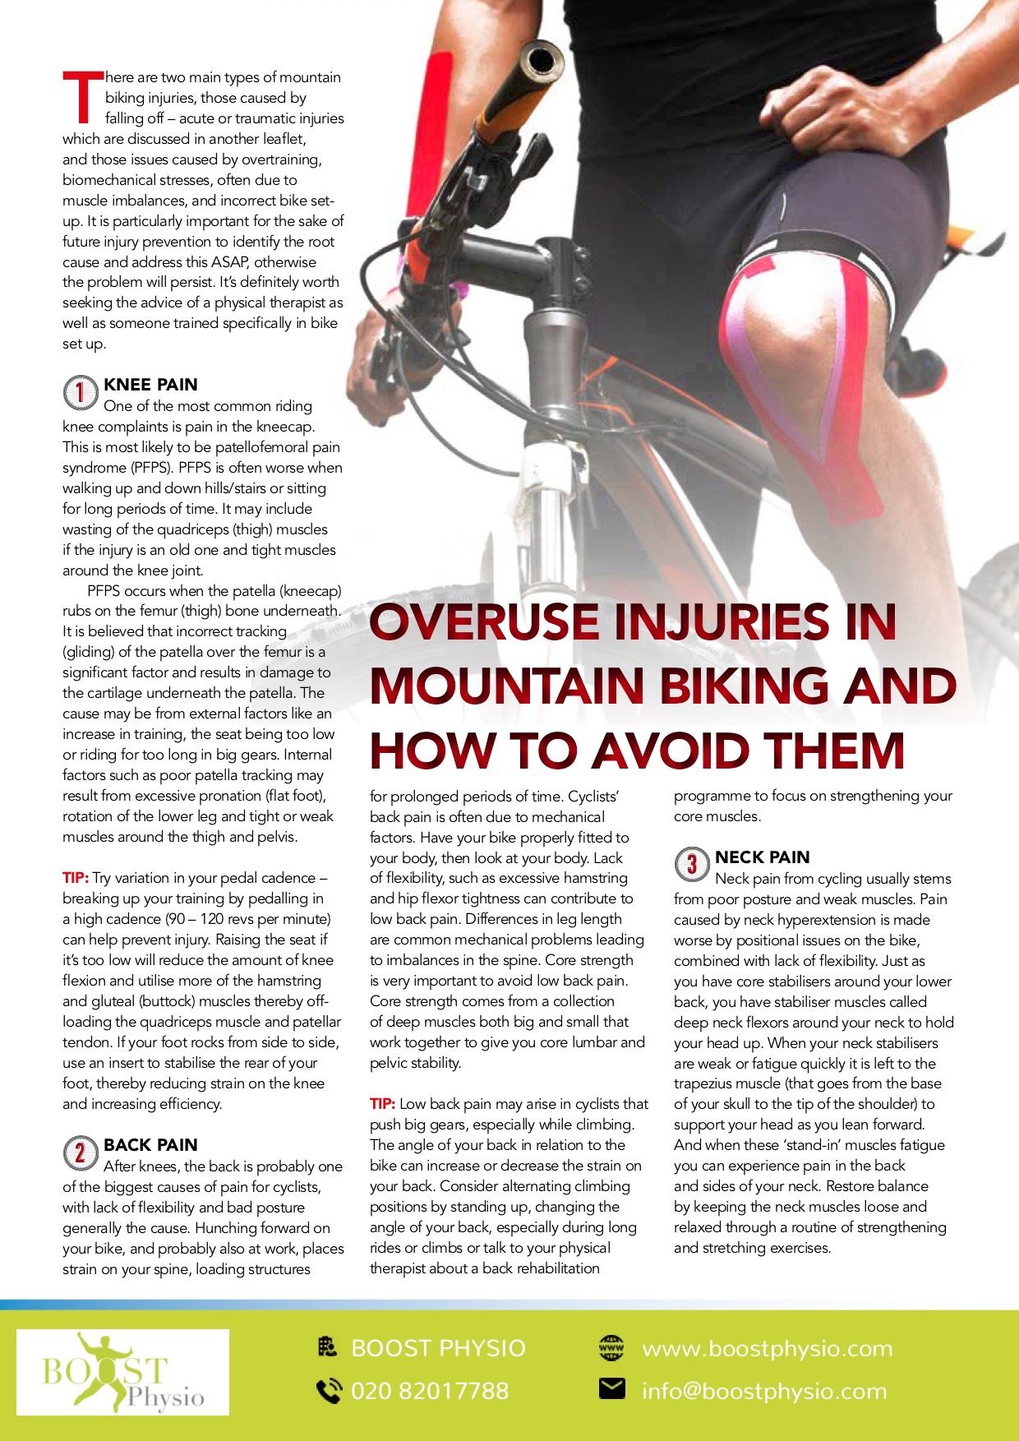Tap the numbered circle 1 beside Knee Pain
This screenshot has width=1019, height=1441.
click(x=81, y=393)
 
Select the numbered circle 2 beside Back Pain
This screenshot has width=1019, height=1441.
click(x=81, y=1153)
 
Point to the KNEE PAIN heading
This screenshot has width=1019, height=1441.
click(x=150, y=385)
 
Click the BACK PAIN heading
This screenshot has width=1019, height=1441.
click(x=150, y=1145)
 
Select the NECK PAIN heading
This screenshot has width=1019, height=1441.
click(x=763, y=857)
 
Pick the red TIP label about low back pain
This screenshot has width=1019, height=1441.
click(x=382, y=1104)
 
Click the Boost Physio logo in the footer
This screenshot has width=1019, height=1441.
click(x=123, y=1372)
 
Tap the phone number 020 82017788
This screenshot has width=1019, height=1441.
click(x=430, y=1391)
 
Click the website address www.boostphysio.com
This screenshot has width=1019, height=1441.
click(x=767, y=1349)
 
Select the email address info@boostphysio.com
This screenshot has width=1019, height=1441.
click(x=764, y=1391)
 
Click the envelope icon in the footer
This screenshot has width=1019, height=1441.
click(x=611, y=1389)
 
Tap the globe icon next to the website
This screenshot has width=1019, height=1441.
click(x=611, y=1348)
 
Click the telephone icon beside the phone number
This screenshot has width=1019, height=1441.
click(x=329, y=1391)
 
